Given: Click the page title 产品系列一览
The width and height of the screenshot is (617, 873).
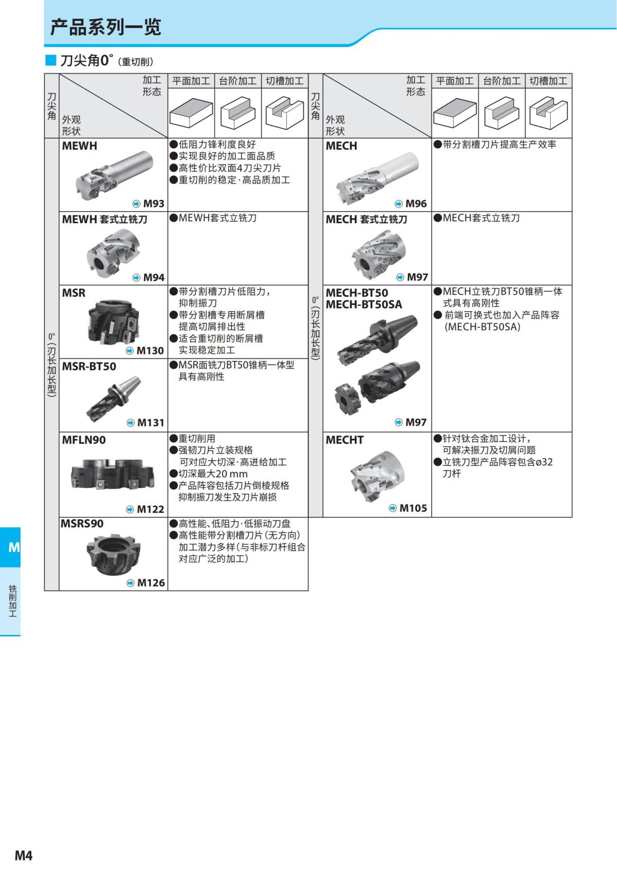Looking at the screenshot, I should point(105,27).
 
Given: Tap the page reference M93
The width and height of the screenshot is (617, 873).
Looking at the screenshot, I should point(153,204).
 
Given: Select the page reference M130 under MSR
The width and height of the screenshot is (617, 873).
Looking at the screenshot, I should point(150,351).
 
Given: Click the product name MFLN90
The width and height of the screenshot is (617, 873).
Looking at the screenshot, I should point(84,440).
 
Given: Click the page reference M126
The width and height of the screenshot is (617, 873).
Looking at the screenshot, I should point(151,583).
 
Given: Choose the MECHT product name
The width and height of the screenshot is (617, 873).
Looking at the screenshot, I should point(344,440).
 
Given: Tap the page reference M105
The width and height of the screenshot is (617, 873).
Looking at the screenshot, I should point(413,508).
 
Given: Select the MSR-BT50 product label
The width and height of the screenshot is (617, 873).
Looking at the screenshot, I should point(89,366).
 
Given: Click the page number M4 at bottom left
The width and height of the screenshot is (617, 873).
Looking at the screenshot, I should point(24,855).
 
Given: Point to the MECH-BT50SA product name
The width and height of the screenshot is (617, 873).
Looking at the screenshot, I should point(364,305).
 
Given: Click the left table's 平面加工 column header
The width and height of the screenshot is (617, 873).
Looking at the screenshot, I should point(191,81).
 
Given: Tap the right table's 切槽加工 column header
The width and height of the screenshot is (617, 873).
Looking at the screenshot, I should point(548,81).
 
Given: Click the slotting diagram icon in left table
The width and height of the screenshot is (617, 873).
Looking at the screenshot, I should point(284,113).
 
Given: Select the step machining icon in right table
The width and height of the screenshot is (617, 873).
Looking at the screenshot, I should point(501,113).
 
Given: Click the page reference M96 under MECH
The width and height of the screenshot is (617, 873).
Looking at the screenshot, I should point(415,204).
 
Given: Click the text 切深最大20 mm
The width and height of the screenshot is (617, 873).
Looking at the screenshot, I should point(213,474).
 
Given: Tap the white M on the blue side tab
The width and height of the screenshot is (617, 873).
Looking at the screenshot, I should point(14,547).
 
